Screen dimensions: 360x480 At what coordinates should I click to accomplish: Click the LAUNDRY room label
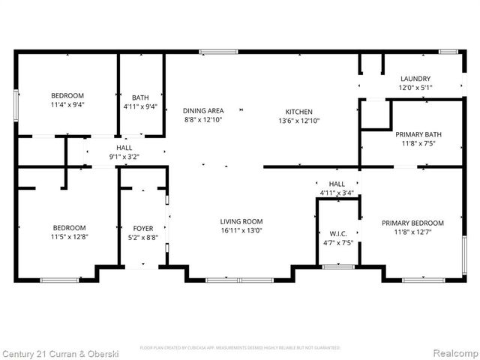click(415, 79)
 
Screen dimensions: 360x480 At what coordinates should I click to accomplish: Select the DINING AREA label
click(204, 111)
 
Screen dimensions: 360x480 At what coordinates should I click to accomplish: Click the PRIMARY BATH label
click(418, 135)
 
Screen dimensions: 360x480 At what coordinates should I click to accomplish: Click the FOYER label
click(143, 229)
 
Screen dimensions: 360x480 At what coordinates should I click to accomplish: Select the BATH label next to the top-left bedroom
click(140, 97)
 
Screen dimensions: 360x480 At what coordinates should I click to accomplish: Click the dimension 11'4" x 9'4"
click(67, 106)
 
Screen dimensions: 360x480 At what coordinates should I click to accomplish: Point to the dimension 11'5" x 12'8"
click(68, 237)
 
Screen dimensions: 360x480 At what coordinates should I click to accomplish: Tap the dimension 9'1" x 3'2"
click(124, 157)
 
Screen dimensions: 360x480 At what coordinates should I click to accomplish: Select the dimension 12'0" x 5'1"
click(415, 88)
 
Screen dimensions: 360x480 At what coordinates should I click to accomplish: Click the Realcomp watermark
click(451, 352)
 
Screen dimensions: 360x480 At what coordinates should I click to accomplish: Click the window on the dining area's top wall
click(213, 52)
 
